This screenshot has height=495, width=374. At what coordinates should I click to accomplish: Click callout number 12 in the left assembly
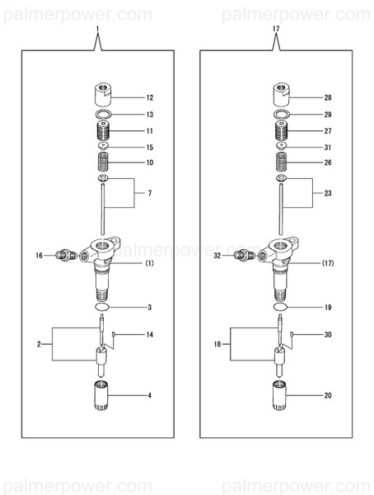[150, 97]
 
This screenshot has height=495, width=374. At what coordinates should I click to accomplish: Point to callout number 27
[328, 131]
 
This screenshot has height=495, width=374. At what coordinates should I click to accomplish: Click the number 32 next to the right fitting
[217, 257]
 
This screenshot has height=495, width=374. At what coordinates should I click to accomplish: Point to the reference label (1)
[150, 263]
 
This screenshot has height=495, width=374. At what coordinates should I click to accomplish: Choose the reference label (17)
[328, 263]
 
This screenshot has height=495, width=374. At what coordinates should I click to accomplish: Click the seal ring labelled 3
[101, 307]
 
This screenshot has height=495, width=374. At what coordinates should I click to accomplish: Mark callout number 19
[328, 308]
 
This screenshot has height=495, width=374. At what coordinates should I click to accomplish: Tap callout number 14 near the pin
[150, 334]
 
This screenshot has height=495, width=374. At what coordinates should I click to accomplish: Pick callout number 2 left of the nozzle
[38, 342]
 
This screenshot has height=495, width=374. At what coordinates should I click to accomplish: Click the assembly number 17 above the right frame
[275, 30]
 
